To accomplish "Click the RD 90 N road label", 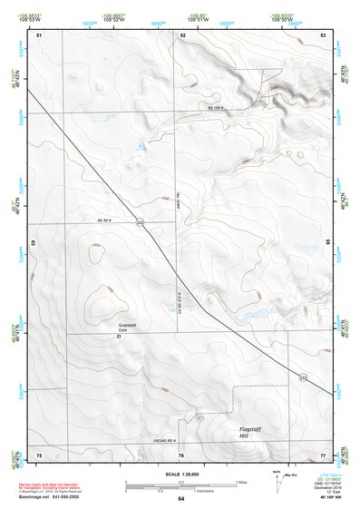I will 108,220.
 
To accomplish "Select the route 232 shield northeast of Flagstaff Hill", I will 302,377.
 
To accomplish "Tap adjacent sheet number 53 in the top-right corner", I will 323,34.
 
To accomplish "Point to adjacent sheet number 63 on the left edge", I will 34,243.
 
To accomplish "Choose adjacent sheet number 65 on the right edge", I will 327,242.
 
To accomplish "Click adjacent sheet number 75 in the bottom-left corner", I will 39,454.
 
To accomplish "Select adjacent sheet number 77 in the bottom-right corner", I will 323,454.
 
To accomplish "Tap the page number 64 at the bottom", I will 181,499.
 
